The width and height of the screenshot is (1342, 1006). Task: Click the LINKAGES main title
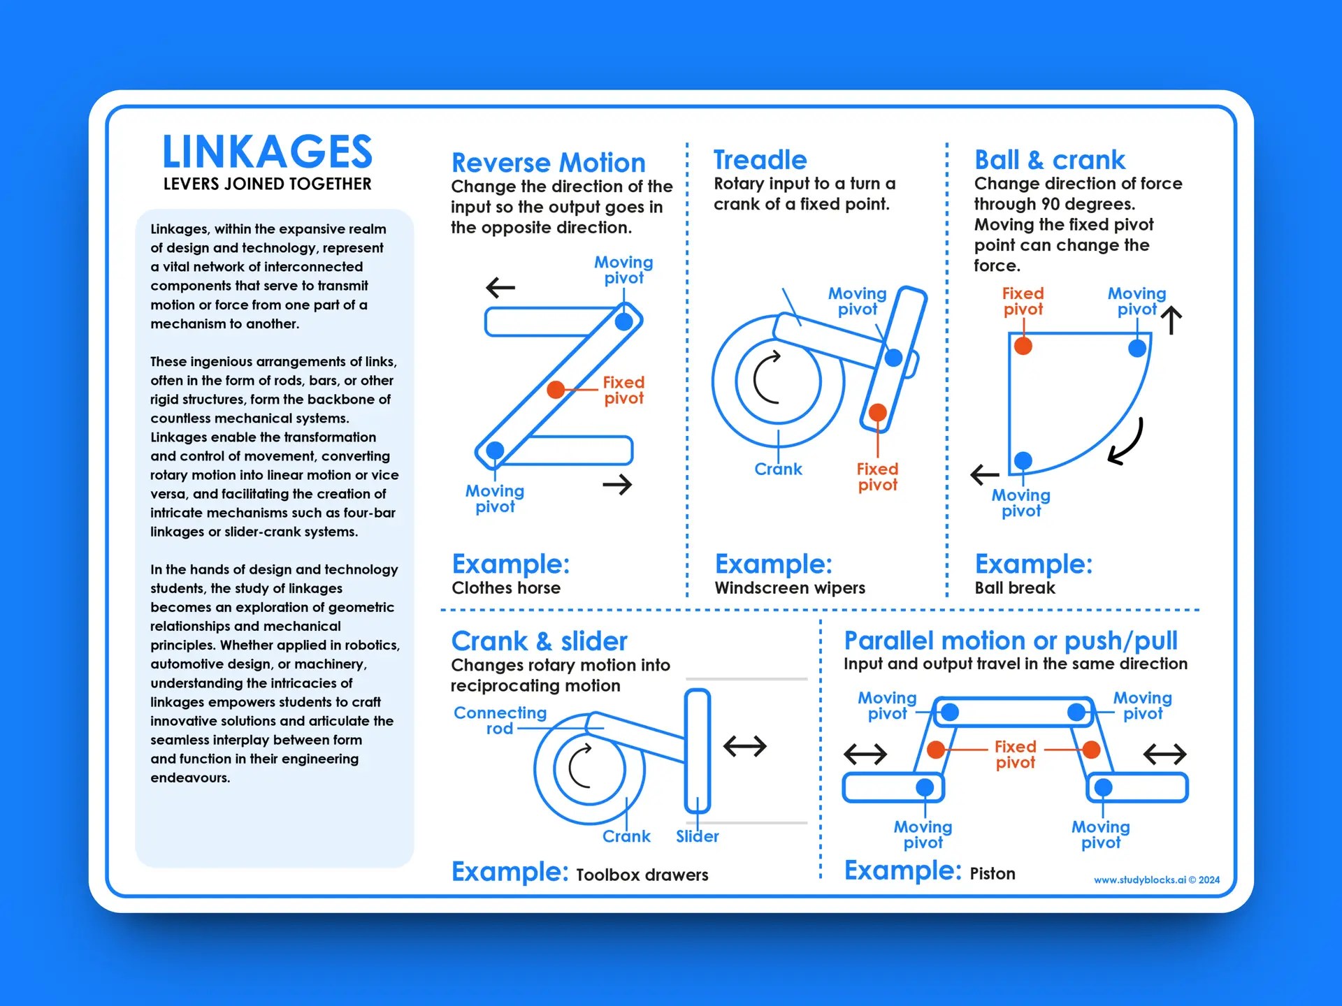point(267,152)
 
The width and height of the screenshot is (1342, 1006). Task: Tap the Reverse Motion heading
point(548,163)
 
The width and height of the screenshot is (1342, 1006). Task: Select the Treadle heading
point(760,160)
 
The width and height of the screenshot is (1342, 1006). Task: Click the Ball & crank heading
point(1049,160)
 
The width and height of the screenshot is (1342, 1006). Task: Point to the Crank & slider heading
point(539,641)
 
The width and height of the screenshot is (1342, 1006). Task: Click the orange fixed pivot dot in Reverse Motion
point(556,389)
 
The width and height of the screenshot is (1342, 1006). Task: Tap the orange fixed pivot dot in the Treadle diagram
point(877,412)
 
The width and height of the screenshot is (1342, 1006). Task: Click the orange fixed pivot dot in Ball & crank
point(1023,345)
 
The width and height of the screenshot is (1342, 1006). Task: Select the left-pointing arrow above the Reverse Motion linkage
point(500,287)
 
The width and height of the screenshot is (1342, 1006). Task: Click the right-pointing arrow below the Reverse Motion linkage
point(617,484)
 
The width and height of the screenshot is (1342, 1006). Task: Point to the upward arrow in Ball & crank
point(1171,321)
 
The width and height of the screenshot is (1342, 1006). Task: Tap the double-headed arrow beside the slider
point(744,746)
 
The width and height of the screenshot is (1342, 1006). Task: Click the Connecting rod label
point(500,720)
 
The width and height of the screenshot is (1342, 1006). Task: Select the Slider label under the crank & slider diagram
point(697,836)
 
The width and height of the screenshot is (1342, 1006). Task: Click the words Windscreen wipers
point(789,588)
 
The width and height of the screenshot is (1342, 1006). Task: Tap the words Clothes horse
point(505,588)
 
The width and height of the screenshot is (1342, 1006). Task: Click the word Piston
point(992,873)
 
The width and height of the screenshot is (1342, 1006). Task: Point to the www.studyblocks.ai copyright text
point(1156,880)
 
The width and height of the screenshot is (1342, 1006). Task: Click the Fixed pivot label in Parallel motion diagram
point(1015,754)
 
